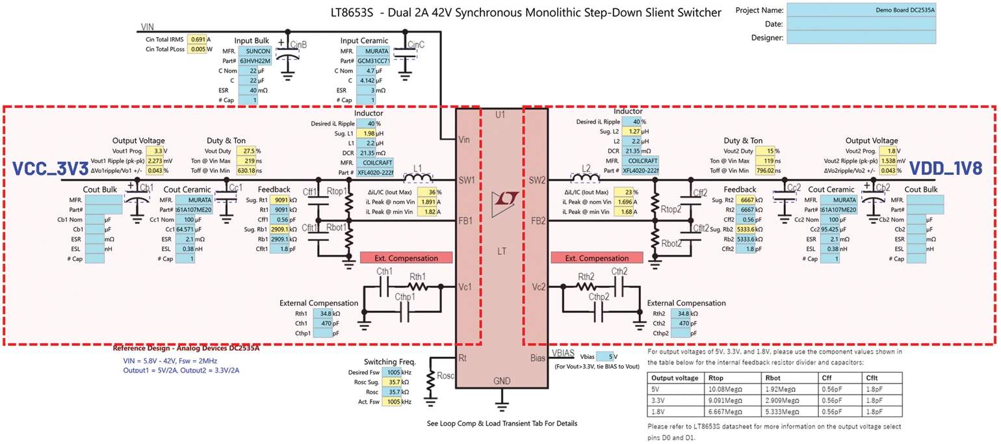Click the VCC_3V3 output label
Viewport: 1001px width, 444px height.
(x=50, y=168)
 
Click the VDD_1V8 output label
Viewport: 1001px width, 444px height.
(x=949, y=168)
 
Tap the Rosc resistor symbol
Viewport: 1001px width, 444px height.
(x=430, y=386)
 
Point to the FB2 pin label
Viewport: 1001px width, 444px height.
(x=538, y=221)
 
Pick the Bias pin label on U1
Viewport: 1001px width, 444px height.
(x=539, y=358)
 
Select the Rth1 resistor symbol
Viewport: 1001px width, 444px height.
(x=417, y=287)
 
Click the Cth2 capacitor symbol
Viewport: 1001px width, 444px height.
(x=619, y=287)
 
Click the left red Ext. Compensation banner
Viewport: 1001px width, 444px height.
(x=408, y=258)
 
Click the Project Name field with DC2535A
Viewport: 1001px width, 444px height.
(x=861, y=10)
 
